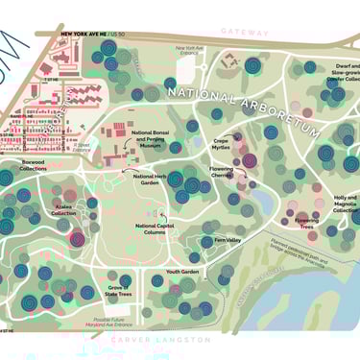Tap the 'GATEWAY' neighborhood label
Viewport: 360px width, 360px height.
tap(246, 32)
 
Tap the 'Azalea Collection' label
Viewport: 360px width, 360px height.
tap(63, 210)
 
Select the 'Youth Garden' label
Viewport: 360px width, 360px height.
tap(181, 272)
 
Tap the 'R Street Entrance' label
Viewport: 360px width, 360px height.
tap(82, 147)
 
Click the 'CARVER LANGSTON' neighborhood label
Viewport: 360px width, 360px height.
tap(160, 340)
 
